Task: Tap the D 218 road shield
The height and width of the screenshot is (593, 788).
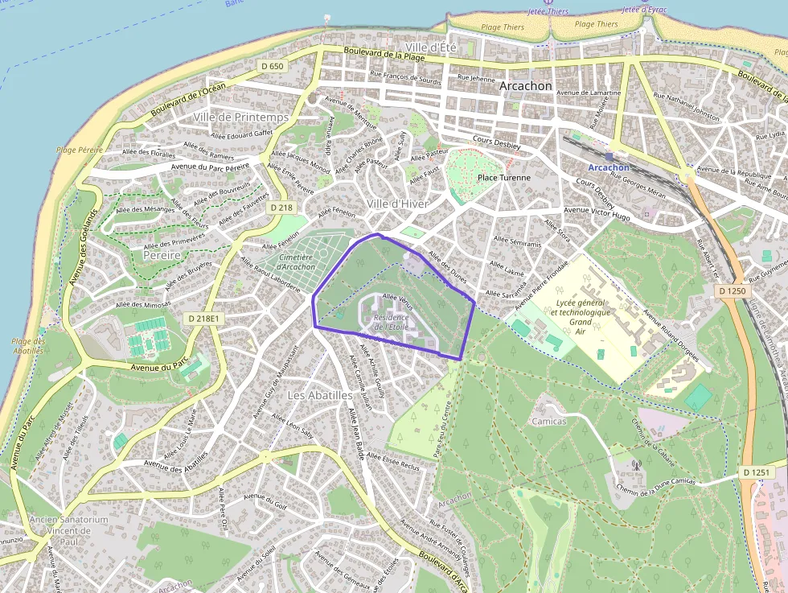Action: point(281,207)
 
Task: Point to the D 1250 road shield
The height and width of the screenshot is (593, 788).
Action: point(733,290)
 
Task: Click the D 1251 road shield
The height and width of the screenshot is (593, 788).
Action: point(757,472)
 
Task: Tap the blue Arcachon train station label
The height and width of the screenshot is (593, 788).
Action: point(609,167)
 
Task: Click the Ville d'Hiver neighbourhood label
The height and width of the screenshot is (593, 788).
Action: point(397,204)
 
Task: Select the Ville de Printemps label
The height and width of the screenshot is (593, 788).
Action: point(240,117)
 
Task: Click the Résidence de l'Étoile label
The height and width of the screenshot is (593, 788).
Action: point(392,322)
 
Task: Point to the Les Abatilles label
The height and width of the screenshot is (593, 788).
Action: point(320,396)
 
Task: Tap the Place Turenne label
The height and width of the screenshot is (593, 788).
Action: point(504,178)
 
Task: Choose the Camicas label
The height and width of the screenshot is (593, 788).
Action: point(549,421)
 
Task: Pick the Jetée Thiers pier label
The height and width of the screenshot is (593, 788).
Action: point(548,11)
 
